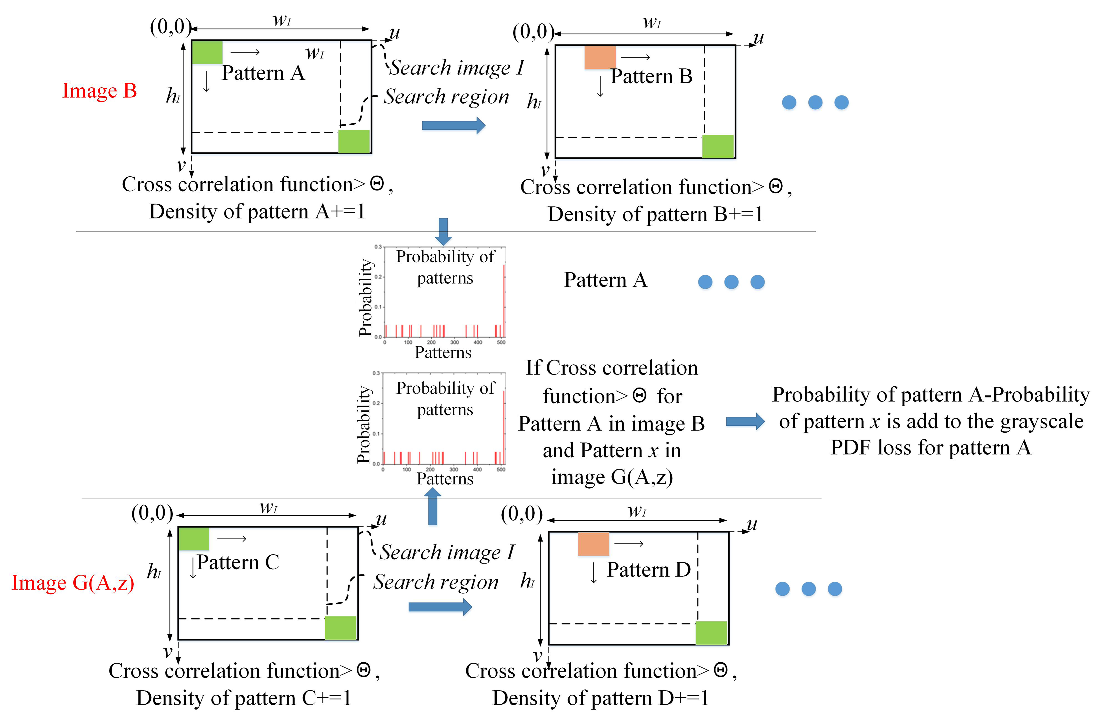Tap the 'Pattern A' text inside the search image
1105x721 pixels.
(263, 73)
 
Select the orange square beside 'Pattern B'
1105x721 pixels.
(600, 58)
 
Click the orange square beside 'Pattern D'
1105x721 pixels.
(593, 544)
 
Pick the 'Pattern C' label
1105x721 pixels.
(238, 563)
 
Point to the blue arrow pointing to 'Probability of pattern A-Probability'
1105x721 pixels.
(745, 422)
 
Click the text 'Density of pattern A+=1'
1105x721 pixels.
(257, 212)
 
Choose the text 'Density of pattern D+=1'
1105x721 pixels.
(600, 698)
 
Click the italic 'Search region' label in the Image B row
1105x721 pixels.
(446, 97)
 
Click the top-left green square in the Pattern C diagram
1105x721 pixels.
(194, 539)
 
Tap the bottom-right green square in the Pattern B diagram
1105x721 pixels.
(717, 146)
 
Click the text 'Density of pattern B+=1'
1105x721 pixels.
(655, 215)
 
